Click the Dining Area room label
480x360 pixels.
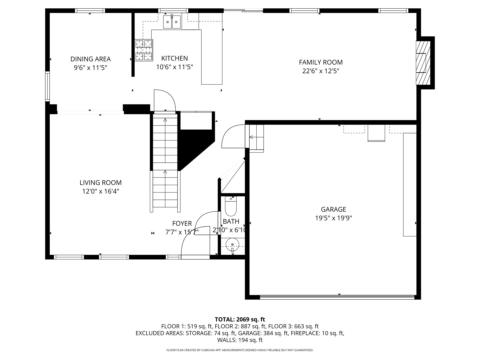(90, 59)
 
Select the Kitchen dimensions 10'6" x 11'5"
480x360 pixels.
(174, 67)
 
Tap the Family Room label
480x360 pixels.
(321, 62)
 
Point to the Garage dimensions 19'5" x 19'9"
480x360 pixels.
(333, 218)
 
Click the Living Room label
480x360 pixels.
(100, 183)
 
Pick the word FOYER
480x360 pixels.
(182, 223)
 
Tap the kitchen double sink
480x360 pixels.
(172, 22)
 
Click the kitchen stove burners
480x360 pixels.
(144, 50)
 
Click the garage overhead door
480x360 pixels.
(337, 297)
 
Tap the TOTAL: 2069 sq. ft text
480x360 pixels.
(240, 319)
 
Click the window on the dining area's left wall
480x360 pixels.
(48, 86)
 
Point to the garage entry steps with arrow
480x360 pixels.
(256, 137)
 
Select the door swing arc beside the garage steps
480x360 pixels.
(233, 136)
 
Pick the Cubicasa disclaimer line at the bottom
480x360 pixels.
(240, 350)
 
